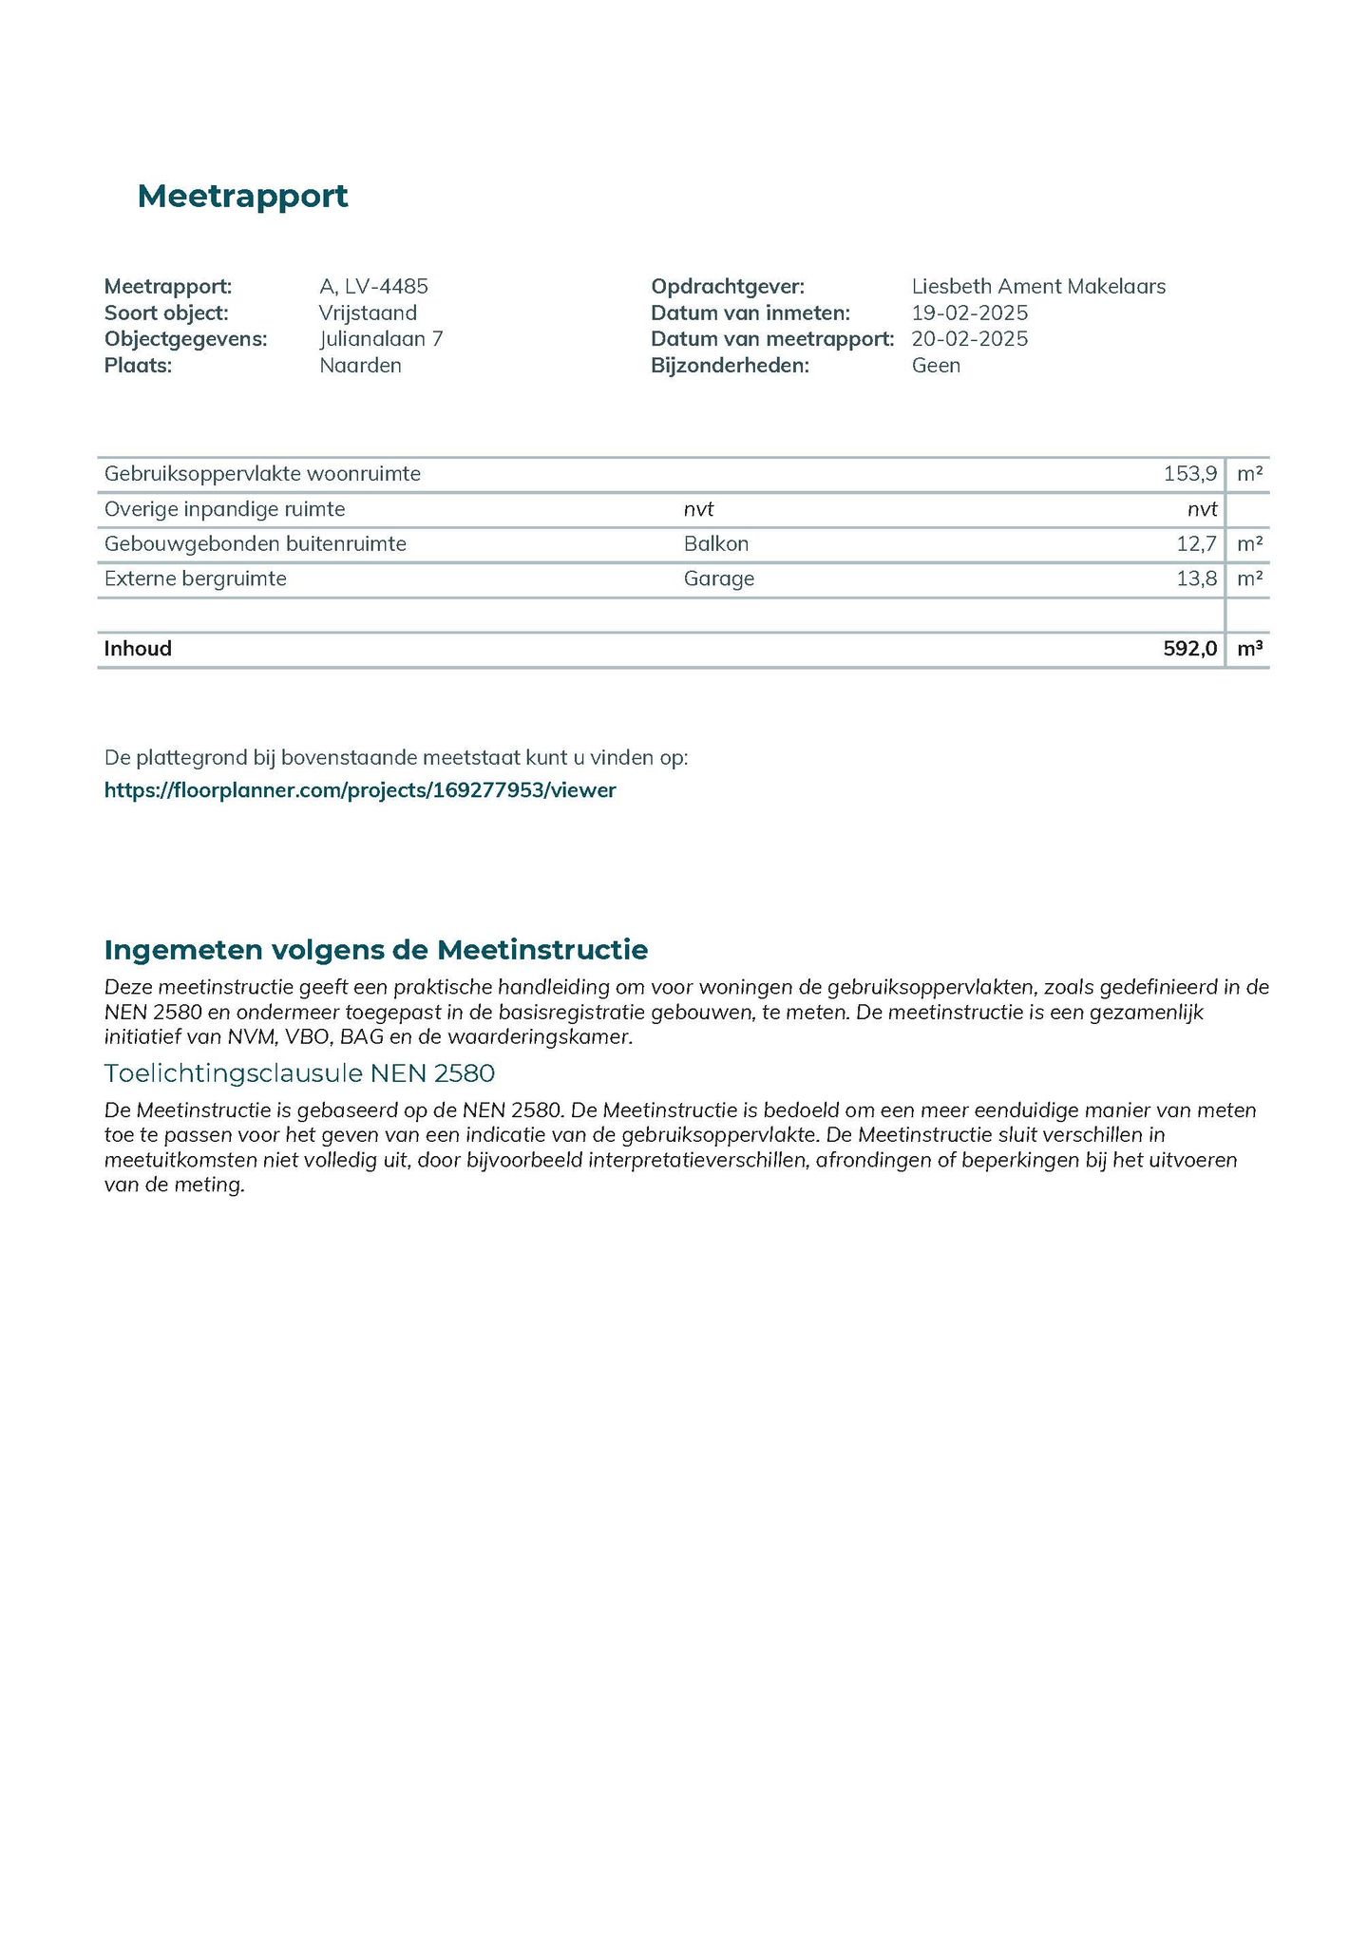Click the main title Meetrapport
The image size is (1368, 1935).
(x=242, y=197)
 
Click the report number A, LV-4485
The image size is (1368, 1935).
(x=373, y=286)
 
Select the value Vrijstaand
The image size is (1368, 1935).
(x=368, y=313)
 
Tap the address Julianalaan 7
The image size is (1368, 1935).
(x=381, y=339)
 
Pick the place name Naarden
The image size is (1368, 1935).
(x=360, y=366)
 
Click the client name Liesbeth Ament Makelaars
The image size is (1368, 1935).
(x=1038, y=286)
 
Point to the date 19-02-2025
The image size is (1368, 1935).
(x=969, y=313)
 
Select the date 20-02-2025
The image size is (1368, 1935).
(x=969, y=339)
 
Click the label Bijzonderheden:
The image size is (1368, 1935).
(x=730, y=366)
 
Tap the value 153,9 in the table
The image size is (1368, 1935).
(x=1189, y=473)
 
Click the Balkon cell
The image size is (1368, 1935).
(x=716, y=544)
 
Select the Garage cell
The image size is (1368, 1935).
(x=719, y=579)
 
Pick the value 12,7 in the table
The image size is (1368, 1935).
(x=1196, y=544)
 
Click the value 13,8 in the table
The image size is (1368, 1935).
(x=1196, y=579)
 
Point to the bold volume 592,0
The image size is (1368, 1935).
(x=1189, y=649)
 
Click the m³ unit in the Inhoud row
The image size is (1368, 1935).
(x=1249, y=649)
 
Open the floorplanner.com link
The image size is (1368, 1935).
(x=360, y=790)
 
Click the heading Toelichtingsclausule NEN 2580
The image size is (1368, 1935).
(x=299, y=1073)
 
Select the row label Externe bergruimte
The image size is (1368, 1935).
(x=196, y=579)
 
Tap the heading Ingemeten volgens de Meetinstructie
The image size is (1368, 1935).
(x=376, y=950)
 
